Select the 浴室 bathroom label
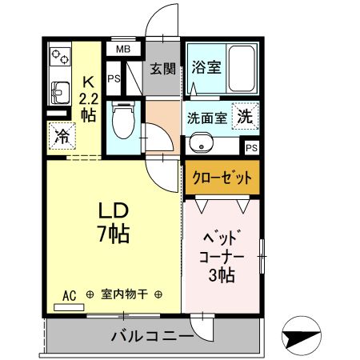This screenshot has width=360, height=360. pyautogui.click(x=206, y=69)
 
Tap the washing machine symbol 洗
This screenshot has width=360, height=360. pyautogui.click(x=245, y=116)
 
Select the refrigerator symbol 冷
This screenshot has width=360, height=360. pyautogui.click(x=60, y=135)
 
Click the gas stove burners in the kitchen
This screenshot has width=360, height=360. pyautogui.click(x=59, y=57)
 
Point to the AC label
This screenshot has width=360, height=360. pyautogui.click(x=70, y=295)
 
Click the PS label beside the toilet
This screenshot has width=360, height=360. pyautogui.click(x=114, y=79)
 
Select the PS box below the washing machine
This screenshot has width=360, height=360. pyautogui.click(x=252, y=147)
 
